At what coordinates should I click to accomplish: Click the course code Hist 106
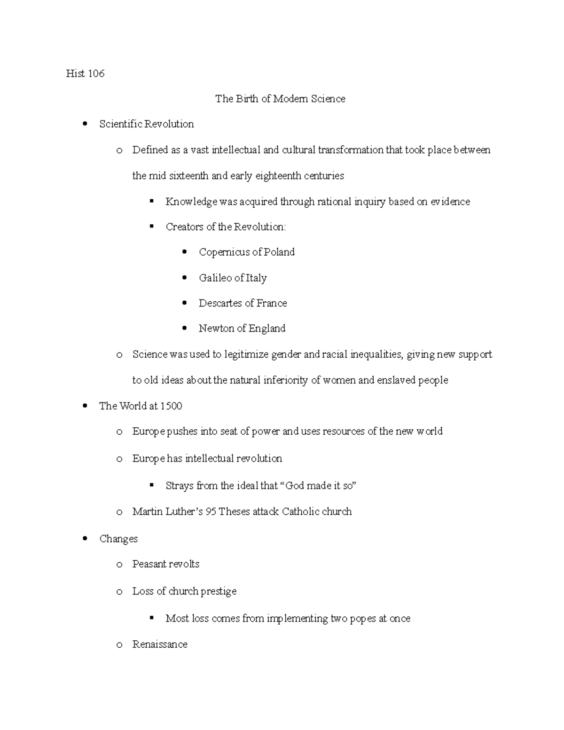(x=85, y=73)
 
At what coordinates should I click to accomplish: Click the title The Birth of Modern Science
(x=280, y=99)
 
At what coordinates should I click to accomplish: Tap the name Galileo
(x=215, y=278)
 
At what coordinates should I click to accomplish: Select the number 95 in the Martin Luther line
(x=211, y=511)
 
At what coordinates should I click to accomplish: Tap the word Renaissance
(x=160, y=644)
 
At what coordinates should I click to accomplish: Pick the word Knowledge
(x=191, y=202)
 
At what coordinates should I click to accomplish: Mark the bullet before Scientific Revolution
(x=85, y=124)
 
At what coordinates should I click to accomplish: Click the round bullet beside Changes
(x=85, y=539)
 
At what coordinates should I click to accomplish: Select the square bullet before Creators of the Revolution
(x=152, y=227)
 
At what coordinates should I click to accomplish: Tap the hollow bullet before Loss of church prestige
(x=119, y=592)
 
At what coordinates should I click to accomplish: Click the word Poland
(x=279, y=252)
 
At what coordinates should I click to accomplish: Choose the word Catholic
(x=301, y=511)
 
